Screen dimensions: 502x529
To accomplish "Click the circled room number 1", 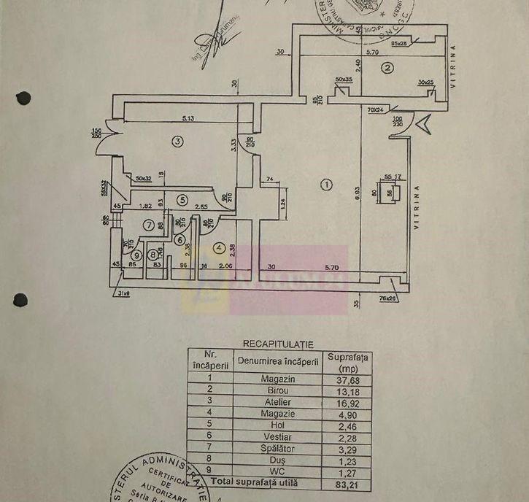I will click(x=327, y=185).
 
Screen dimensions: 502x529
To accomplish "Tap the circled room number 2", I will click(x=388, y=69).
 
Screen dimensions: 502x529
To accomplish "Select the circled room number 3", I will click(x=176, y=142).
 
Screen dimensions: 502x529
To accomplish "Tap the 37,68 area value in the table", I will click(x=350, y=378).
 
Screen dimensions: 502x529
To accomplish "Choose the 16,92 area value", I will click(x=350, y=401).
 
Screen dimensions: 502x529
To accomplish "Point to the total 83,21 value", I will click(x=350, y=482).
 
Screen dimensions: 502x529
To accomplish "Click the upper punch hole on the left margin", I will click(x=24, y=97).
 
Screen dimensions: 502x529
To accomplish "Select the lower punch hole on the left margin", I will click(x=23, y=299).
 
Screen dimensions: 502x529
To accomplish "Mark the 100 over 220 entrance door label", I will click(x=398, y=121).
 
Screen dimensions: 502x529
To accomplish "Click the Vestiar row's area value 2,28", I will click(x=350, y=436).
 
